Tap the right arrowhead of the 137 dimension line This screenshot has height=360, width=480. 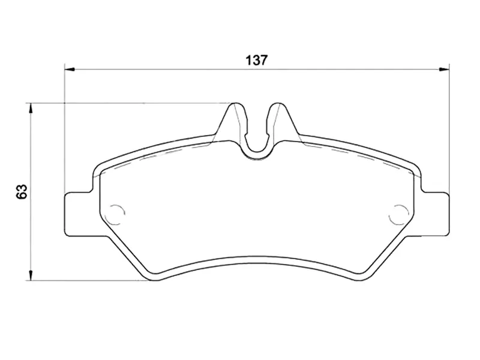click(x=444, y=70)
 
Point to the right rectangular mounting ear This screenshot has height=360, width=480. click(x=436, y=214)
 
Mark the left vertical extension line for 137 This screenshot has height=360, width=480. click(x=64, y=132)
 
